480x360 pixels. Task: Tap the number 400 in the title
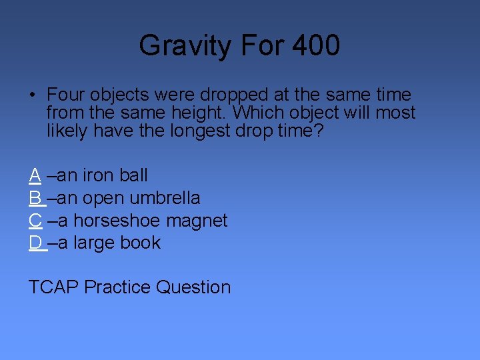pyautogui.click(x=315, y=46)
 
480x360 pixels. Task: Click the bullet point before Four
pyautogui.click(x=33, y=95)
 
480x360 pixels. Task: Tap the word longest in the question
pyautogui.click(x=199, y=131)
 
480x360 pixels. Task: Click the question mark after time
pyautogui.click(x=318, y=131)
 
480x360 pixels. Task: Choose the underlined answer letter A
pyautogui.click(x=35, y=175)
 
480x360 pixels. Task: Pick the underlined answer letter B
pyautogui.click(x=35, y=198)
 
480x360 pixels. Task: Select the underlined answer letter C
pyautogui.click(x=35, y=221)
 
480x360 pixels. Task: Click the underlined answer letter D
pyautogui.click(x=35, y=243)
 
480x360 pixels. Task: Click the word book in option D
pyautogui.click(x=141, y=243)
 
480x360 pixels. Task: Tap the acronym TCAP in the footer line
pyautogui.click(x=53, y=287)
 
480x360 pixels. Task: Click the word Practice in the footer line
pyautogui.click(x=118, y=287)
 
